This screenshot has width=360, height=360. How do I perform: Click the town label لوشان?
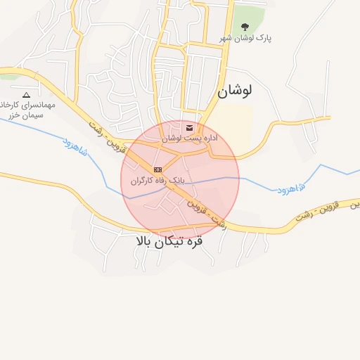tap(234, 91)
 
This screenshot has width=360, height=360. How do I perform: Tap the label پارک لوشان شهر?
tap(245, 38)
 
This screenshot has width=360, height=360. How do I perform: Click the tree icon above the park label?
tap(245, 27)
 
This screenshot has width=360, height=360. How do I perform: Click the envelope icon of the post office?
tap(190, 128)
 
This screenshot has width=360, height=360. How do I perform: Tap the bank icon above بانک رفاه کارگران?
tap(157, 169)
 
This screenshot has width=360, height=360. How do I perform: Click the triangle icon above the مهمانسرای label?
tap(27, 94)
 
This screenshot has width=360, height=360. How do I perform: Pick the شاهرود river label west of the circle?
tap(75, 146)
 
